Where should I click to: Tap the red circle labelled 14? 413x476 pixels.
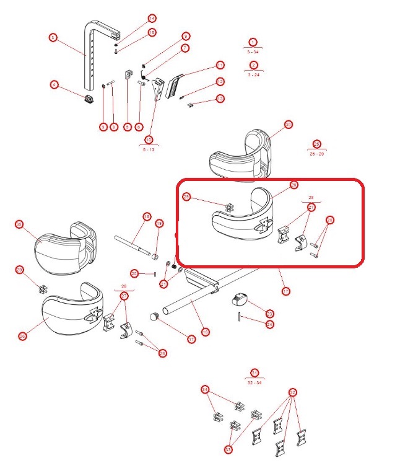click(x=152, y=19)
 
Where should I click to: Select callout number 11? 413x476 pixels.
click(x=220, y=65)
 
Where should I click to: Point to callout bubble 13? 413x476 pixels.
click(x=220, y=99)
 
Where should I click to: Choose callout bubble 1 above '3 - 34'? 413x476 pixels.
click(x=252, y=42)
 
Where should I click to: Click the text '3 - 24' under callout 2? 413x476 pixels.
click(x=253, y=74)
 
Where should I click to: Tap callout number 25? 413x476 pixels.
click(x=186, y=197)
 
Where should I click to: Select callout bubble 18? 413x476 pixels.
click(x=147, y=217)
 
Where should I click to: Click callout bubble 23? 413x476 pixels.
click(x=269, y=313)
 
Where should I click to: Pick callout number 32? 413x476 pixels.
click(x=293, y=392)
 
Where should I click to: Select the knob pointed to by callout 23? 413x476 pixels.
click(x=238, y=301)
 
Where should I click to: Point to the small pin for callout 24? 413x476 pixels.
click(x=240, y=317)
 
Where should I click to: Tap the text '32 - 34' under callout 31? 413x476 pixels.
click(x=254, y=383)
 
